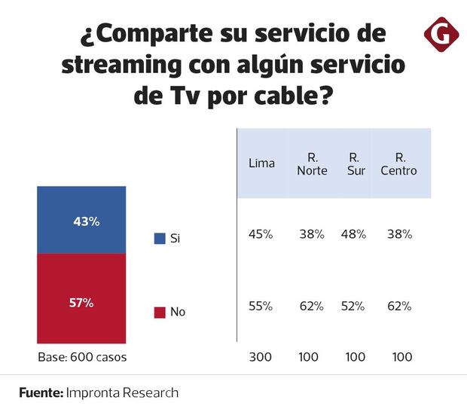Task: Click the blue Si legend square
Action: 160,239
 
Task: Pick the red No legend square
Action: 160,312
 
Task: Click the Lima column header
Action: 261,163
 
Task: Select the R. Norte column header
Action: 311,163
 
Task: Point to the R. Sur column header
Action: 353,163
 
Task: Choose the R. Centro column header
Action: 401,163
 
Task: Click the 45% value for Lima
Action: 261,234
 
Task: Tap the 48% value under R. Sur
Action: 353,234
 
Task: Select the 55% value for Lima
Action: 261,307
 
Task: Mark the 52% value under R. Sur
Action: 353,307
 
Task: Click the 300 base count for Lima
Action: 261,357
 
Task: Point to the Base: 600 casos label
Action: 81,357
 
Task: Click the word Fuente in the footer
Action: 41,393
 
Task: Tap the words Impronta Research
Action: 123,393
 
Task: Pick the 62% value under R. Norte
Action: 311,307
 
